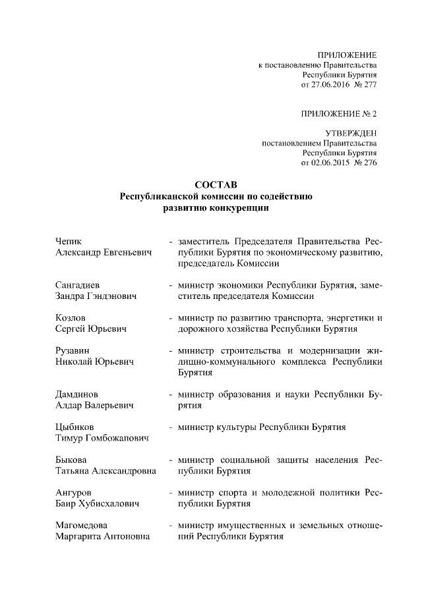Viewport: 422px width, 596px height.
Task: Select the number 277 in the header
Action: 369,85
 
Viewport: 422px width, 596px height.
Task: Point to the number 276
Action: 369,162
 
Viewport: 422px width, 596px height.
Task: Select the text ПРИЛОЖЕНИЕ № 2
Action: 339,113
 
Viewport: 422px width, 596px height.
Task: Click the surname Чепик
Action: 69,241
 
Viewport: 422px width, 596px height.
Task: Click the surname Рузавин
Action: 73,350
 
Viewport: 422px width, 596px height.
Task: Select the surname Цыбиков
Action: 76,427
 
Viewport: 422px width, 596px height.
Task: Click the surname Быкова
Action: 72,460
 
